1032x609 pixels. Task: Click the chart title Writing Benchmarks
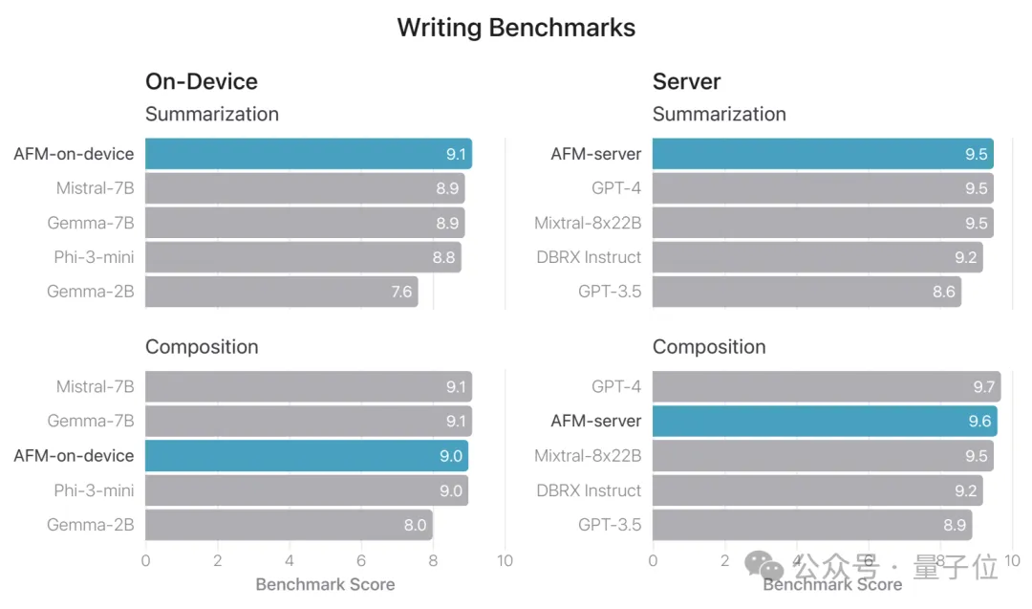point(516,28)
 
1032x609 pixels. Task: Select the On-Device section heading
point(201,82)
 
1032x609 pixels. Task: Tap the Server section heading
point(686,82)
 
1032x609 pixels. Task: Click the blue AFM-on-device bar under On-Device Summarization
point(308,154)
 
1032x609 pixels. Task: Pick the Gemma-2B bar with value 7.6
point(281,292)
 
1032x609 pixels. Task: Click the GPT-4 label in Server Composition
point(616,387)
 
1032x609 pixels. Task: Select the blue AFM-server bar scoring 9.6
point(824,422)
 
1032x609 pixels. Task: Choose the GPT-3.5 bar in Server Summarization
point(806,292)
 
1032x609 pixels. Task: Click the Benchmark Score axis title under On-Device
point(325,584)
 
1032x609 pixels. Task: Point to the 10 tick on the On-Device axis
point(505,561)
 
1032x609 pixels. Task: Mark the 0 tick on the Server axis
point(653,561)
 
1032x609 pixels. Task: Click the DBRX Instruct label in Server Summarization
point(589,257)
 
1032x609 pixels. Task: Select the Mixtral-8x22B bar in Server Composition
point(822,456)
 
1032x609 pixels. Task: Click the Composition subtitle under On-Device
point(202,347)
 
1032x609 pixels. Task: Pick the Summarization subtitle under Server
point(719,115)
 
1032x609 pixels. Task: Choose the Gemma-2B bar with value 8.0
point(288,525)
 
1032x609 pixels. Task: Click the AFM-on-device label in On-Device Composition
point(74,456)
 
